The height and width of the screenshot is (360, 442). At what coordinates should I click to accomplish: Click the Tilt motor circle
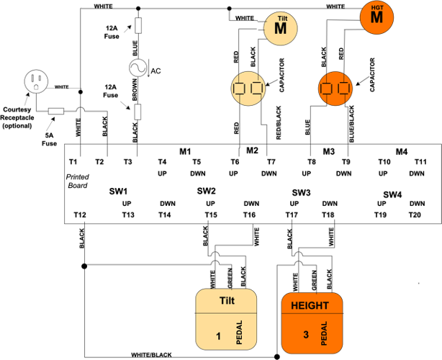coord(280,28)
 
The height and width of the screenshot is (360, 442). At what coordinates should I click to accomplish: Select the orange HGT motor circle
coord(376,17)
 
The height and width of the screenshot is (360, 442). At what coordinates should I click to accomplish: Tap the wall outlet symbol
coord(36,81)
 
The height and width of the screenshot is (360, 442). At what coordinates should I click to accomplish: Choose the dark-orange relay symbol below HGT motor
coord(335,89)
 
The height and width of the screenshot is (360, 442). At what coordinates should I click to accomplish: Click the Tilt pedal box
coord(226,319)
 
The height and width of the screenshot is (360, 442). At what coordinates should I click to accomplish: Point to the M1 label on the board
coord(185,151)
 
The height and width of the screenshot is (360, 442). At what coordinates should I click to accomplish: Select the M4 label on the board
coord(401,151)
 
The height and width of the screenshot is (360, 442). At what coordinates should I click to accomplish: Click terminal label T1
coord(73,161)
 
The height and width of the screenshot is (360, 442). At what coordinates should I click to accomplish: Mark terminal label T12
coord(79,215)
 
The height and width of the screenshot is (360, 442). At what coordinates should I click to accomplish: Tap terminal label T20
coord(415,215)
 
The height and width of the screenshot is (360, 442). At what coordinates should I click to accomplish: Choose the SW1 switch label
coord(118,192)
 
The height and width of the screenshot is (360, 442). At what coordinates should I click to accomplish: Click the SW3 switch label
coord(301,193)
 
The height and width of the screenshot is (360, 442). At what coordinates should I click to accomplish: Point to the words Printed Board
coord(77,181)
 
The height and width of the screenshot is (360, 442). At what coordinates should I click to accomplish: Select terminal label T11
coord(420,161)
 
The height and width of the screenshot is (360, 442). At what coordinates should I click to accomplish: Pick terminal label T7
coord(271,161)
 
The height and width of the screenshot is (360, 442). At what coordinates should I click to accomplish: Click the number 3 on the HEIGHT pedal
coord(305,335)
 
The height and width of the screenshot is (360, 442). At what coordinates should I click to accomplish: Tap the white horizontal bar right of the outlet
coord(56,111)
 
